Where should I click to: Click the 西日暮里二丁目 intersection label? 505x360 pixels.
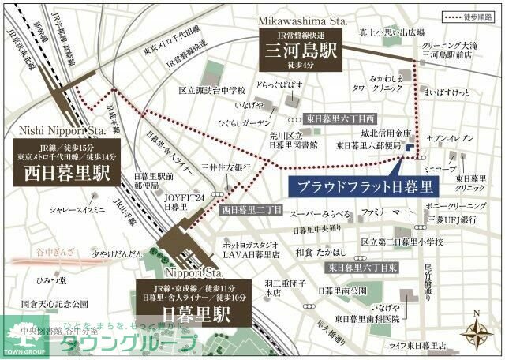pyautogui.click(x=251, y=210)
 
